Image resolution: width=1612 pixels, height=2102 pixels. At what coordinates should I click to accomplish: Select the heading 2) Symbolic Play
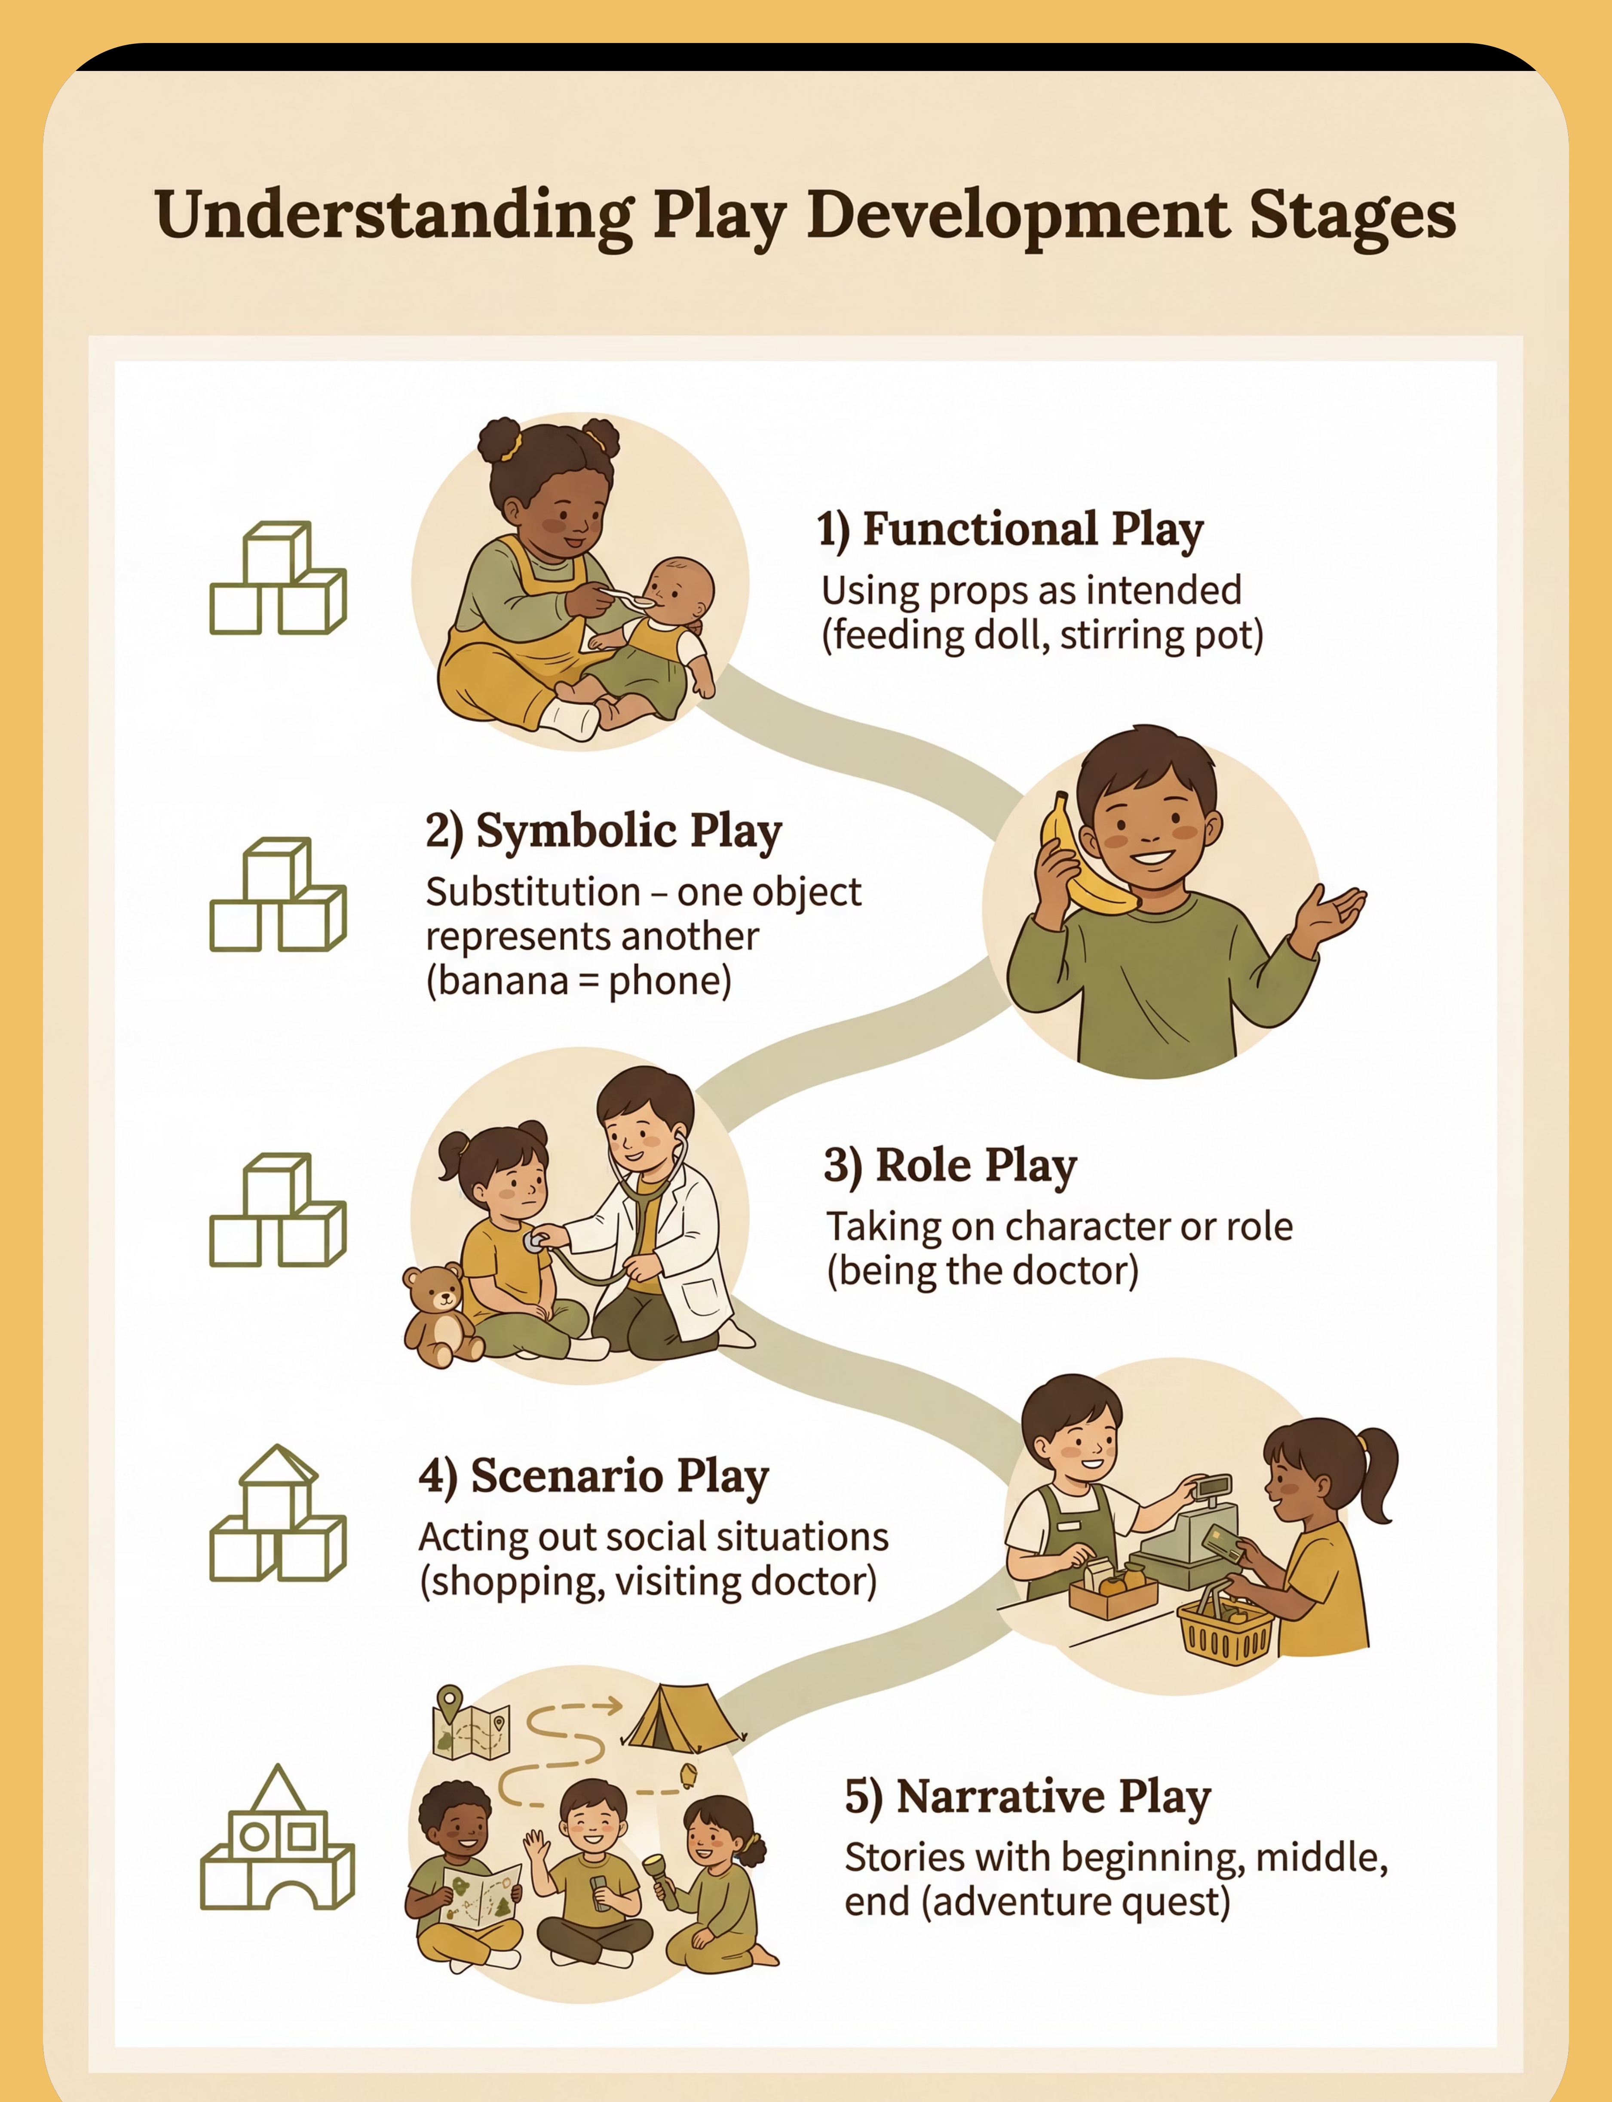(x=604, y=832)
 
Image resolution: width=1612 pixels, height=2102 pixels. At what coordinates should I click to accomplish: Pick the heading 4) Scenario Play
(x=594, y=1478)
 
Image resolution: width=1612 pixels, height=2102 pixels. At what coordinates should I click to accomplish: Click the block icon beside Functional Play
(x=277, y=578)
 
